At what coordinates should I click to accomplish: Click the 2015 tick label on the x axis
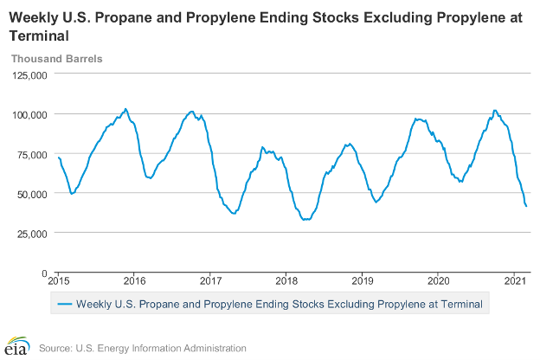tap(59, 281)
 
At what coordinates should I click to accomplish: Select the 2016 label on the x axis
tap(135, 281)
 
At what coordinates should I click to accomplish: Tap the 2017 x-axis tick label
tap(210, 281)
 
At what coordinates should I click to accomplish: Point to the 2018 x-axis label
tap(286, 281)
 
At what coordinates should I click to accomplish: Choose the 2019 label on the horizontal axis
tap(363, 281)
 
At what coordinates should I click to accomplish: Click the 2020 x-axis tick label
tap(439, 281)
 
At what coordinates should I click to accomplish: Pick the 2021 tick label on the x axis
tap(515, 281)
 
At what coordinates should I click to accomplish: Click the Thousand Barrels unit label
tap(56, 59)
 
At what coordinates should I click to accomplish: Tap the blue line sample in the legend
tap(64, 304)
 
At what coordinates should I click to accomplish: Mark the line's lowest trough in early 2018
tap(304, 220)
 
